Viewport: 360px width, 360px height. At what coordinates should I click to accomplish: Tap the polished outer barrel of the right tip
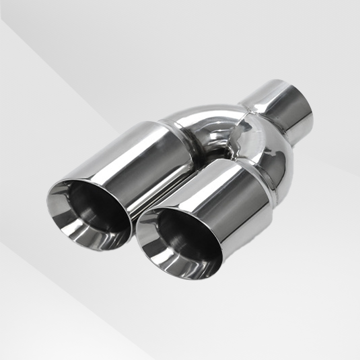(229, 198)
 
